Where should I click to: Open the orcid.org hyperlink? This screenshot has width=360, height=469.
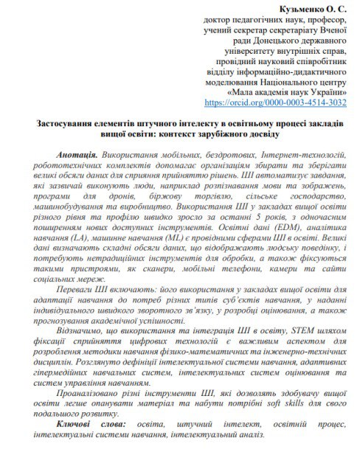click(274, 103)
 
